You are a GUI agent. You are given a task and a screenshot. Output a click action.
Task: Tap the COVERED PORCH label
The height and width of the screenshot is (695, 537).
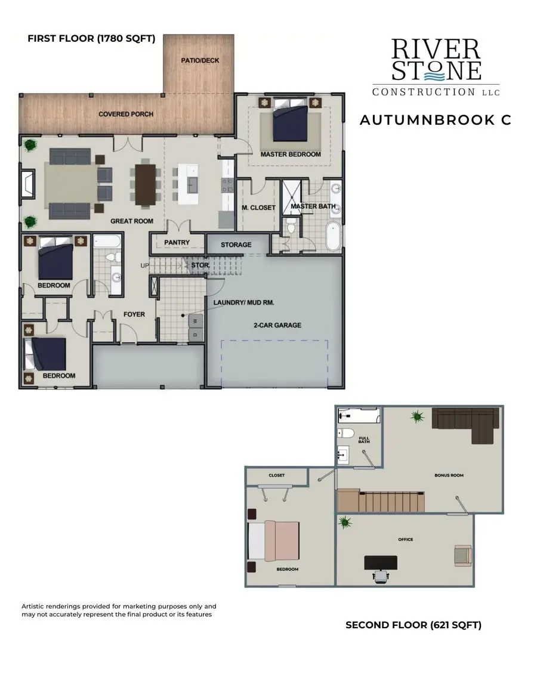tap(126, 114)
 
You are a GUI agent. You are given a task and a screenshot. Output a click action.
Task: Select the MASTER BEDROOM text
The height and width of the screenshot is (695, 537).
tap(291, 155)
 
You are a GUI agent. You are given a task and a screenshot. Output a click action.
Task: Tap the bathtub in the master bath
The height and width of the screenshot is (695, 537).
tap(333, 236)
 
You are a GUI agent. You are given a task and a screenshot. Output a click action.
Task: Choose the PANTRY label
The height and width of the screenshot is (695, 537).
tap(177, 243)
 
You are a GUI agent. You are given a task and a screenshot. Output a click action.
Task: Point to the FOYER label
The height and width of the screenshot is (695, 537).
tap(134, 314)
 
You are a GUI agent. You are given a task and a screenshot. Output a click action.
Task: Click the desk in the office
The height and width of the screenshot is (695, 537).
tap(380, 563)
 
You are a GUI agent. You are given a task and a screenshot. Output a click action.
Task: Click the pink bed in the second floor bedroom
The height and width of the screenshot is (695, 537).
tap(279, 541)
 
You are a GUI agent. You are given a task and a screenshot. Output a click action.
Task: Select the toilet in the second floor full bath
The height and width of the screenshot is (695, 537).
tap(346, 433)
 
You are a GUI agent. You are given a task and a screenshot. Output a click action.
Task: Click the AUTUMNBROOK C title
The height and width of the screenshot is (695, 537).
tap(435, 120)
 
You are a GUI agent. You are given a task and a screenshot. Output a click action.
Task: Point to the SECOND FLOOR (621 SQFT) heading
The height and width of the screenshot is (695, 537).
tap(413, 625)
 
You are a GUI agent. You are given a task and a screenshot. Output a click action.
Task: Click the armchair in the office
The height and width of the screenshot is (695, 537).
tap(462, 555)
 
